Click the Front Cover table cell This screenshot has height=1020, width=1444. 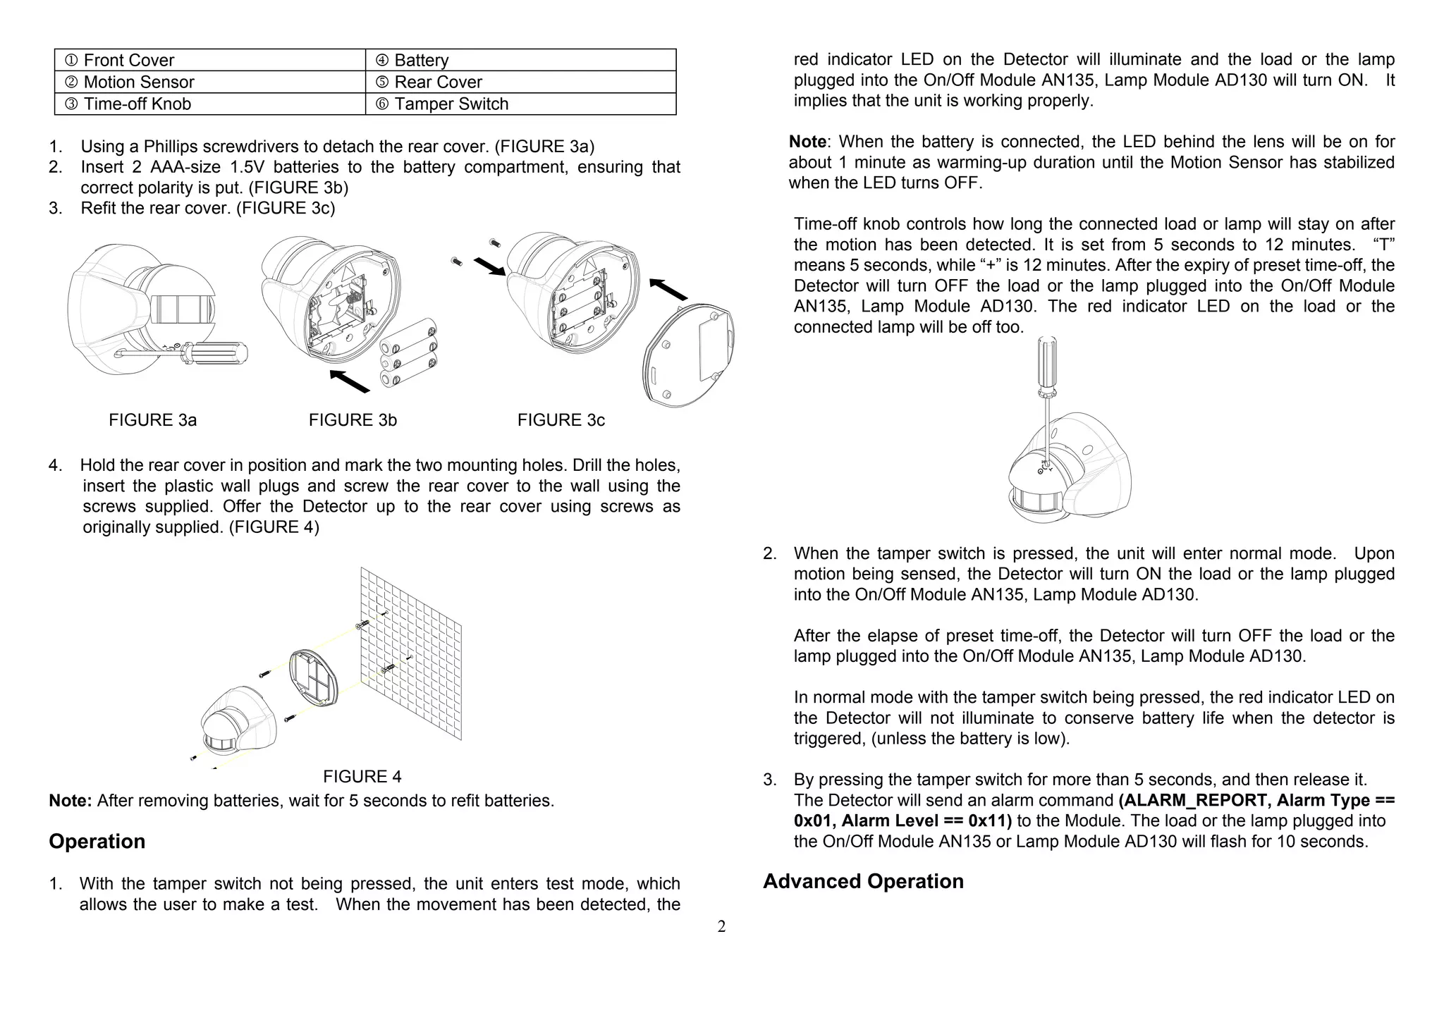(x=210, y=61)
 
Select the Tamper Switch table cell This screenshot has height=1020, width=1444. (x=520, y=104)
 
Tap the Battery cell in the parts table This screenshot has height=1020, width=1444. (x=520, y=61)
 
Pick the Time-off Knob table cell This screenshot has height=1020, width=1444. (x=210, y=104)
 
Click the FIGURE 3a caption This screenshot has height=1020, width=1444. (x=152, y=420)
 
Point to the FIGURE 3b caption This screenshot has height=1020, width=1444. (x=353, y=420)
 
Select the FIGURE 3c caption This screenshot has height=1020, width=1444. (x=561, y=420)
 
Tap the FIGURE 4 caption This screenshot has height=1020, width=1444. (x=362, y=777)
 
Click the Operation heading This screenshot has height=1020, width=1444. (x=97, y=842)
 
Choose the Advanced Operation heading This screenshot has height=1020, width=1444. (x=863, y=882)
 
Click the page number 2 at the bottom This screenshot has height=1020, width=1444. (x=721, y=927)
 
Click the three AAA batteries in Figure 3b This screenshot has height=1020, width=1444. (x=408, y=353)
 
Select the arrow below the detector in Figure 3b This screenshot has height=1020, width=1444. (x=350, y=381)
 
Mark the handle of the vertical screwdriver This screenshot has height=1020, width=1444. (x=1046, y=362)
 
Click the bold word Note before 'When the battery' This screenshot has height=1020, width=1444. (x=807, y=142)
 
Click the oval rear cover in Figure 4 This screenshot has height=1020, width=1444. (x=314, y=677)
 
